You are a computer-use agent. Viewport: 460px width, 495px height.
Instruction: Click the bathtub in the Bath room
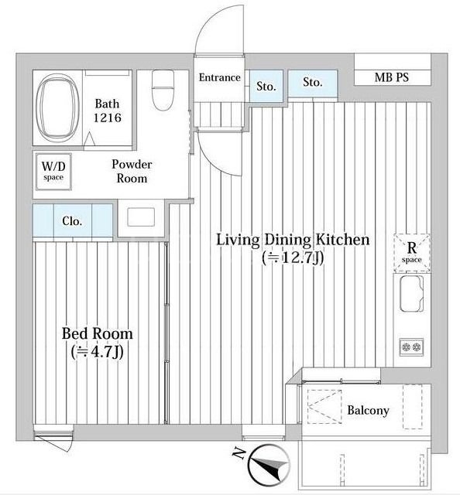pos(57,108)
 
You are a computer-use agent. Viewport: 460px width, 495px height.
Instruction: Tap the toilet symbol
pos(163,90)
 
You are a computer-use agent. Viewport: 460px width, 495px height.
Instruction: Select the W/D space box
pos(53,172)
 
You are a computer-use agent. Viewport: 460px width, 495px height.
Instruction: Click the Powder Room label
pos(132,171)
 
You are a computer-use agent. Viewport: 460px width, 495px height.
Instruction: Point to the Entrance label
pos(219,77)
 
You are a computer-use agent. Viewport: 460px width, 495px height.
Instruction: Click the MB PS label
pos(391,77)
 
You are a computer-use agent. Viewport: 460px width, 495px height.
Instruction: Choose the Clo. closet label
pos(72,221)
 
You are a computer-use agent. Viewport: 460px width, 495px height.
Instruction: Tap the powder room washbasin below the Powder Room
pos(141,217)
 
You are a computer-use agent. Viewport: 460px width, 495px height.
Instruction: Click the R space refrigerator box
pos(412,253)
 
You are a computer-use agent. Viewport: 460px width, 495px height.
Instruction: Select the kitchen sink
pos(412,294)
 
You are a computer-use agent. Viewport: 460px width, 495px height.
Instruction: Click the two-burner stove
pos(411,347)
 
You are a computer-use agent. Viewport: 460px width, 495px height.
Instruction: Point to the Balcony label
pos(368,411)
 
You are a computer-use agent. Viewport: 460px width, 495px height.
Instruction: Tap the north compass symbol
pos(269,465)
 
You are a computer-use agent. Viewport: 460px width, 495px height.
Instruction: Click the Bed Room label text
pos(97,333)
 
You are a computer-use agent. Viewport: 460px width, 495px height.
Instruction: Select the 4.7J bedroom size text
pos(98,352)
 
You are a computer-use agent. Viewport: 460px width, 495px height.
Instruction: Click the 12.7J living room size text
pos(293,258)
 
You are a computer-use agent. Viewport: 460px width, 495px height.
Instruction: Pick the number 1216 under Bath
pos(107,118)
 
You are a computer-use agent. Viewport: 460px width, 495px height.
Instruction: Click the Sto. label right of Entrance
pos(266,86)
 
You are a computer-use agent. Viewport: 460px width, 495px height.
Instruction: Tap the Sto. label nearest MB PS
pos(313,82)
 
